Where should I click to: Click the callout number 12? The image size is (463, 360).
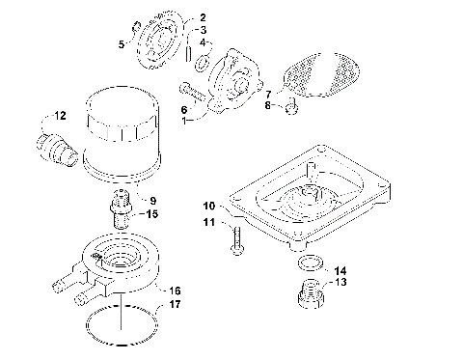click(x=60, y=116)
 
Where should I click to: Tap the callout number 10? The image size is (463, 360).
click(x=208, y=206)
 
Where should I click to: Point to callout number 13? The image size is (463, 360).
click(x=340, y=284)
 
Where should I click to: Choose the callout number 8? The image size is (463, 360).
click(x=270, y=106)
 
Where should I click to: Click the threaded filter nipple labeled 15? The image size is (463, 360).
click(x=120, y=208)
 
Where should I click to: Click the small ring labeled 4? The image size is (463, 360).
click(x=203, y=65)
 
